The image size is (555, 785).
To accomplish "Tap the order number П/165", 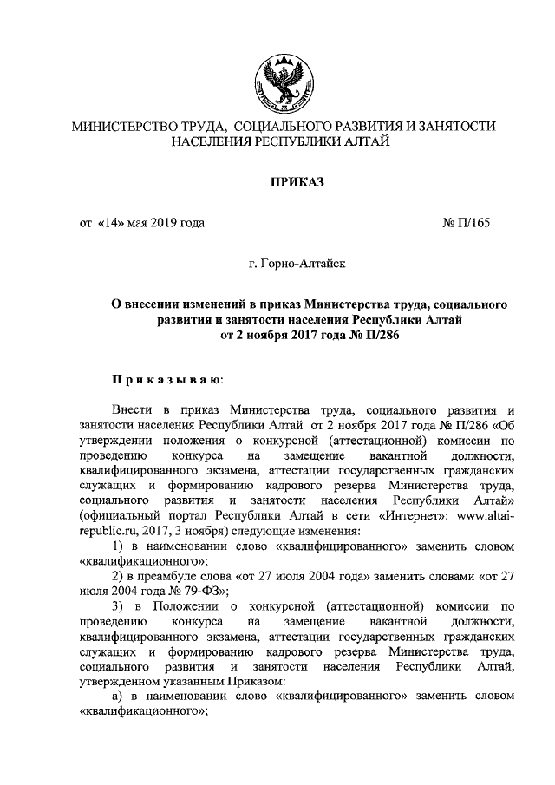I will pyautogui.click(x=475, y=223).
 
